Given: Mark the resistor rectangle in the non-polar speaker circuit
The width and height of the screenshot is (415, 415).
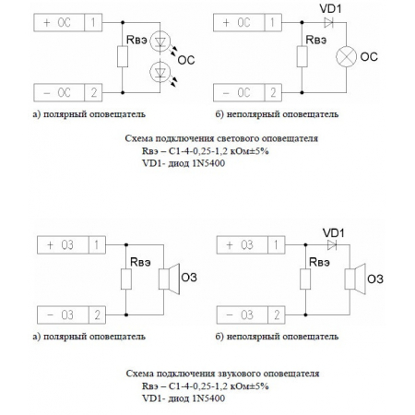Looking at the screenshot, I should pos(303,279).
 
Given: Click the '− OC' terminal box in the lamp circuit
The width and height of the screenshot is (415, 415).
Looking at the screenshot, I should pos(236,91).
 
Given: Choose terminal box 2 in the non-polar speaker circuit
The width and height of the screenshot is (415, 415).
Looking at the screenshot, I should pos(277,315).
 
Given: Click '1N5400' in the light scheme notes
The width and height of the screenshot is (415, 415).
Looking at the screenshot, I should pos(202,161).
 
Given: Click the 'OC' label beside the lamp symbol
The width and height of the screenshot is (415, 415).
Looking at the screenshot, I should pos(369,57).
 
